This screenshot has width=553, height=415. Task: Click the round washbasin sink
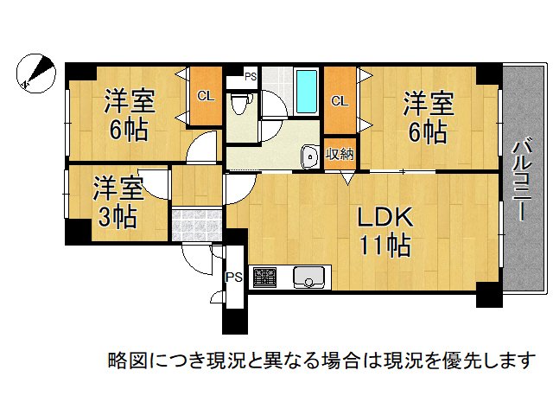pyautogui.click(x=309, y=156)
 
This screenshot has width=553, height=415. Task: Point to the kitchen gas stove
pyautogui.click(x=264, y=278)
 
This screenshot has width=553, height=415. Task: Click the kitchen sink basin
pyautogui.click(x=308, y=278)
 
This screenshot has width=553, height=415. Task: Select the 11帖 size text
pyautogui.click(x=385, y=246)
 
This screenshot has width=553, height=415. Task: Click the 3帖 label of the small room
pyautogui.click(x=117, y=216)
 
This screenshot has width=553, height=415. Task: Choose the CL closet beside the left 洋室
pyautogui.click(x=205, y=96)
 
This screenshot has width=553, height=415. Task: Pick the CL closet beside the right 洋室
pyautogui.click(x=340, y=101)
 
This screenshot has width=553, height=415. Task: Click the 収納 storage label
pyautogui.click(x=339, y=155)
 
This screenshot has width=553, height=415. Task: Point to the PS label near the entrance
pyautogui.click(x=233, y=278)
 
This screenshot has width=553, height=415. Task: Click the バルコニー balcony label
pyautogui.click(x=521, y=181)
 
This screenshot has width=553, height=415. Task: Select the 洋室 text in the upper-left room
pyautogui.click(x=130, y=102)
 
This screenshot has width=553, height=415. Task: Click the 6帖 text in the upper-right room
pyautogui.click(x=428, y=132)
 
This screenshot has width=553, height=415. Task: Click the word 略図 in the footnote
pyautogui.click(x=123, y=359)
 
